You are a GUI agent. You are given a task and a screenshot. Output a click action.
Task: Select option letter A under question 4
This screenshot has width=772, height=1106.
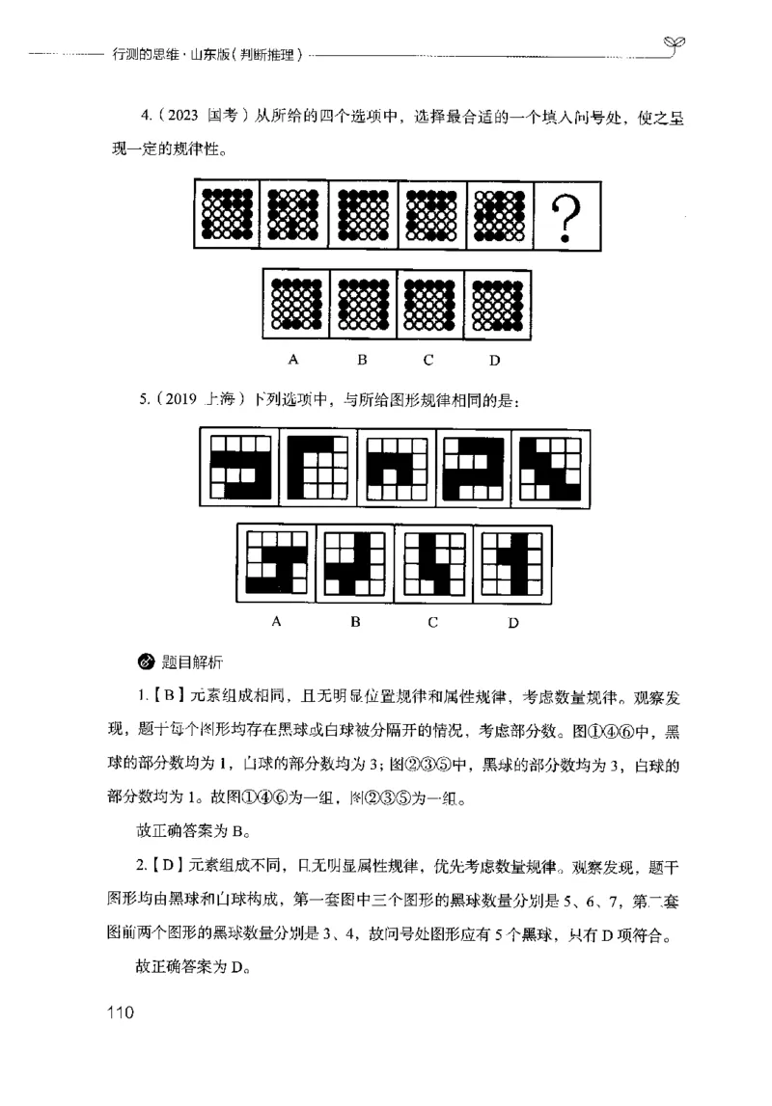coord(291,361)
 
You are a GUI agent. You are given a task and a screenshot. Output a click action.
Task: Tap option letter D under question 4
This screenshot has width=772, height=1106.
coord(493,362)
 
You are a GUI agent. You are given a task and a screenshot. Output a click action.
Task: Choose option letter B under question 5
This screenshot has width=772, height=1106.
coord(355,621)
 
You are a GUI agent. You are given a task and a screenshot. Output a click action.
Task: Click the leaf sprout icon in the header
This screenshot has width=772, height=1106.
coord(674,41)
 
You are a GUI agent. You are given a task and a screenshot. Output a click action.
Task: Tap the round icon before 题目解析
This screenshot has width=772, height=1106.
coord(146,662)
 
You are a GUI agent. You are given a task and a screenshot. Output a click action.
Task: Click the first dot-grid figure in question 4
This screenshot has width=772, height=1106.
coord(228,214)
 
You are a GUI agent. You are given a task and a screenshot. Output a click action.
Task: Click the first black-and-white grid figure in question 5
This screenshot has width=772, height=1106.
coord(238,467)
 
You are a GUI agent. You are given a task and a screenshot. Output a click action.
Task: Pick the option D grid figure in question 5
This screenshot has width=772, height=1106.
coord(511,564)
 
